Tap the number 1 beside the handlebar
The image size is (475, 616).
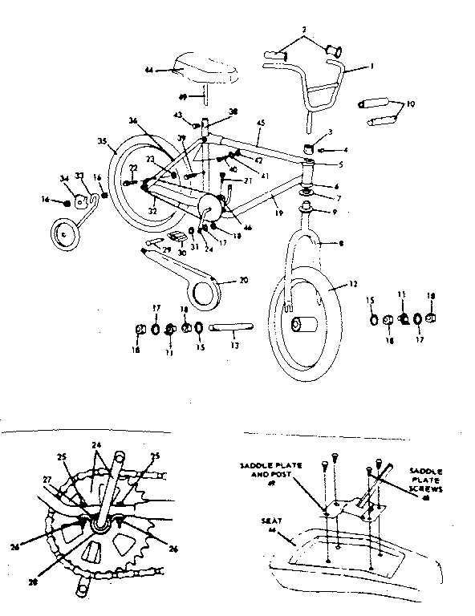tap(371, 68)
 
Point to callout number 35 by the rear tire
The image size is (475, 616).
tap(102, 141)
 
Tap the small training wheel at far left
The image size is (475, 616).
tap(63, 235)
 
